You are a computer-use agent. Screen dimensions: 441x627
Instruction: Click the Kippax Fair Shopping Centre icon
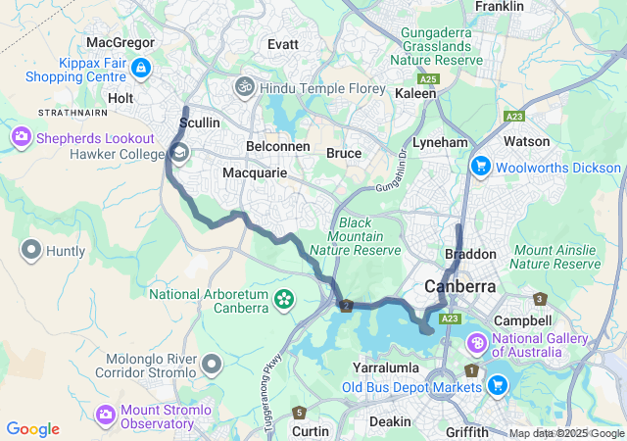click(x=140, y=68)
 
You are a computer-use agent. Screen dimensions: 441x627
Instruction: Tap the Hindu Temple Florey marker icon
click(x=244, y=87)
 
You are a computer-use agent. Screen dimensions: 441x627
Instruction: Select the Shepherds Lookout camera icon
click(x=21, y=138)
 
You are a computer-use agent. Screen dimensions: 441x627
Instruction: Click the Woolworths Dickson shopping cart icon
click(x=480, y=167)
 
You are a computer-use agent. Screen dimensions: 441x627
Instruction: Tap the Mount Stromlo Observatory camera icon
click(x=105, y=416)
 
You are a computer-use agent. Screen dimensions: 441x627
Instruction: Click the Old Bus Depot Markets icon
click(x=498, y=386)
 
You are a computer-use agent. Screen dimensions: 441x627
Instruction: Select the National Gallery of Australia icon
click(x=477, y=343)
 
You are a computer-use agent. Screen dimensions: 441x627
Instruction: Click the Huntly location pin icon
click(x=30, y=251)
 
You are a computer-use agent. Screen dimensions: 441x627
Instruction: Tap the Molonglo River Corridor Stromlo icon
click(x=212, y=365)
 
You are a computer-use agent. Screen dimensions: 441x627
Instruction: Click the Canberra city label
click(x=459, y=286)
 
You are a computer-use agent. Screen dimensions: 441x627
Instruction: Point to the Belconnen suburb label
click(x=277, y=147)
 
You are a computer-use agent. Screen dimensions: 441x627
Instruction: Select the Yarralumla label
click(x=387, y=367)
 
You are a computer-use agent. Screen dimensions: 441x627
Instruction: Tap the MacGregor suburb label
click(x=121, y=43)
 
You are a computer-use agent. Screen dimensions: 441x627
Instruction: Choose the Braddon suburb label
click(x=470, y=254)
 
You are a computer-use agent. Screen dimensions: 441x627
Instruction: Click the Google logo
click(x=32, y=429)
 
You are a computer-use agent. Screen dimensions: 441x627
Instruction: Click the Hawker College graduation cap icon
click(x=180, y=153)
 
